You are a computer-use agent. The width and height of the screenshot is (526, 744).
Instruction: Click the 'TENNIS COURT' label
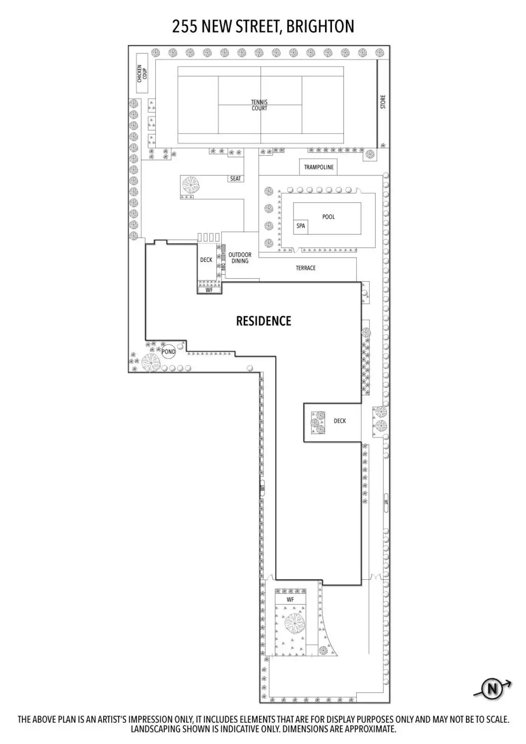click(259, 105)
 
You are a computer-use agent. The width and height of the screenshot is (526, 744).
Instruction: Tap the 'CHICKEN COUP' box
click(142, 73)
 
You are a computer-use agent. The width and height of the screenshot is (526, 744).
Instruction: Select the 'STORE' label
click(383, 102)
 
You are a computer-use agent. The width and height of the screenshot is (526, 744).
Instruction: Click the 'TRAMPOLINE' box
click(319, 167)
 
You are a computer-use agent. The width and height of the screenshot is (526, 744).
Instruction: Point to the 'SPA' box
click(301, 226)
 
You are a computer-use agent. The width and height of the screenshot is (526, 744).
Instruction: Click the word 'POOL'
click(328, 217)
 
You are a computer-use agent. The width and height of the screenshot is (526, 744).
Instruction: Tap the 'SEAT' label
click(235, 179)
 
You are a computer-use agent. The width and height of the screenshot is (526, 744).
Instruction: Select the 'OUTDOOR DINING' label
click(240, 258)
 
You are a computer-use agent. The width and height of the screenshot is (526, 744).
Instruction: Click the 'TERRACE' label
click(306, 268)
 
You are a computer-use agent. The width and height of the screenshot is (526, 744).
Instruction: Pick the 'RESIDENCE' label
click(263, 321)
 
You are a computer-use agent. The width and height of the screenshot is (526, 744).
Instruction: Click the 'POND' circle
click(168, 352)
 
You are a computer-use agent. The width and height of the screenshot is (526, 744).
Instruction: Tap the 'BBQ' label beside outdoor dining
click(223, 266)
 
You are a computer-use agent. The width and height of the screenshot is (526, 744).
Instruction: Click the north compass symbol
click(492, 688)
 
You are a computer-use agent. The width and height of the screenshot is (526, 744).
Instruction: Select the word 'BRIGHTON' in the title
click(320, 27)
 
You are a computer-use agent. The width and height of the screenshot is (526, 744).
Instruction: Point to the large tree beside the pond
click(150, 363)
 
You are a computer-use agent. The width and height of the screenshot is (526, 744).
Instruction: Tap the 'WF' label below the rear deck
click(209, 290)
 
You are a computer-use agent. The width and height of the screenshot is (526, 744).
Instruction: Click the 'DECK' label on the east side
click(340, 421)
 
